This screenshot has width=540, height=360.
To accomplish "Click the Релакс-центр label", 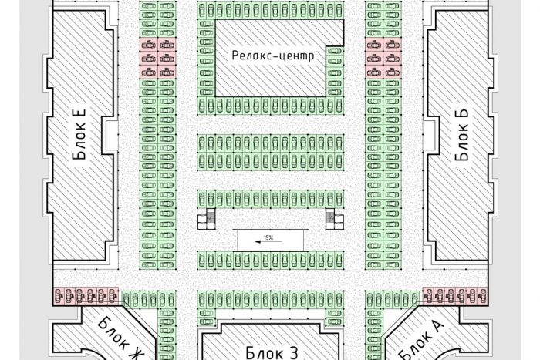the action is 273,56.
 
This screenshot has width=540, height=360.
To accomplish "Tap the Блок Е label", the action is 79,135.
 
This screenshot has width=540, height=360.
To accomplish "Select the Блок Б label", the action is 462,135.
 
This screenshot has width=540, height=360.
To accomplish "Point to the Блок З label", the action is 272,353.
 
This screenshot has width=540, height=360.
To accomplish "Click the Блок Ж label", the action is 119,338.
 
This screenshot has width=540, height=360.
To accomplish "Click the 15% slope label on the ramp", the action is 268,237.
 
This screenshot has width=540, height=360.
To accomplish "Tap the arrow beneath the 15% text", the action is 268,241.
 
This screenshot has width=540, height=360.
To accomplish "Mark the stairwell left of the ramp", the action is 206,219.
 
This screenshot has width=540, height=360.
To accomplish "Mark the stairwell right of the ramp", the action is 335,219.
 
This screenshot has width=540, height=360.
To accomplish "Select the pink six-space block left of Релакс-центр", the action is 157,58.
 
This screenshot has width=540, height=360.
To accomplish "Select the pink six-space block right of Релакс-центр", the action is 383,58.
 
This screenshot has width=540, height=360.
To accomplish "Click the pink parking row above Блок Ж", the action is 86,296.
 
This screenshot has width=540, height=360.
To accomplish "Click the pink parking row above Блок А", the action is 455,296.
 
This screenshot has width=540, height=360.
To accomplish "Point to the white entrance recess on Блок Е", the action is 110,135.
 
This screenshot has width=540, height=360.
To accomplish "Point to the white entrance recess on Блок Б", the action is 430,135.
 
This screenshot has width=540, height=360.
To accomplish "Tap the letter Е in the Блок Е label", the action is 79,114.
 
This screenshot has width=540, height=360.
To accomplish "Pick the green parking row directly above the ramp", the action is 271,199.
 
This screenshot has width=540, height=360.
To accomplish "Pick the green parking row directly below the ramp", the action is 271,260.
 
